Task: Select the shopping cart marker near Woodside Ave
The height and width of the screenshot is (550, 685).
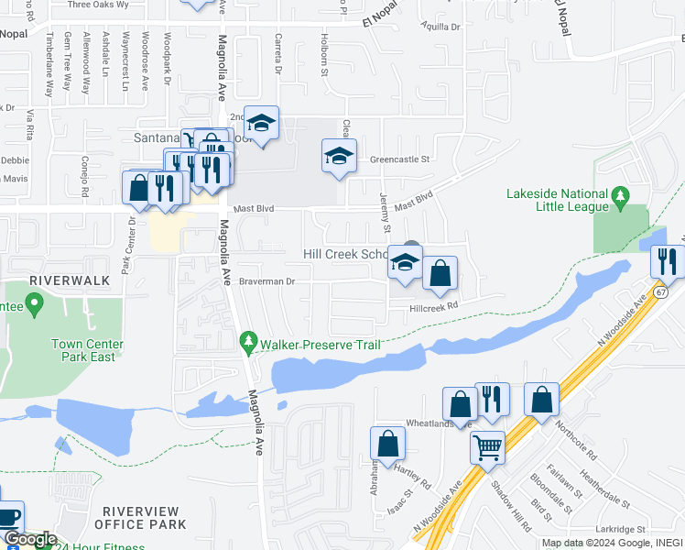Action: tap(487, 448)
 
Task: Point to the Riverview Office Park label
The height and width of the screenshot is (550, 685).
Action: tap(145, 518)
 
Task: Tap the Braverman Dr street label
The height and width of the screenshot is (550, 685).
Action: tap(267, 281)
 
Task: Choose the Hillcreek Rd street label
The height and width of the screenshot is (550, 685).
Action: tap(432, 308)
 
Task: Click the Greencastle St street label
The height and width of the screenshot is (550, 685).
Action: tap(399, 159)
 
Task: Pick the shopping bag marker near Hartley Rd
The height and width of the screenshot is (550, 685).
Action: tap(387, 444)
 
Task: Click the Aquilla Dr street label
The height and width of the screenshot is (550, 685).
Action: tap(440, 27)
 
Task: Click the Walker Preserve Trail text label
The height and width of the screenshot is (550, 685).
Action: tap(320, 345)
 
